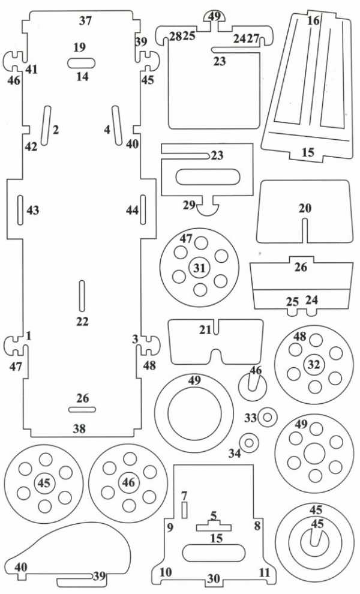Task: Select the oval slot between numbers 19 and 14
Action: [82, 63]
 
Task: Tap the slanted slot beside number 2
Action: [46, 125]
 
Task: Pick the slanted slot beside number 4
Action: [117, 125]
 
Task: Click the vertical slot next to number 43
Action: [20, 210]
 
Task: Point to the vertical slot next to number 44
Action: [143, 210]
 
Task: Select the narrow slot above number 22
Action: [82, 296]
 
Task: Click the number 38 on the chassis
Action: [79, 428]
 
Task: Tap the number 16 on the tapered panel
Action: [313, 20]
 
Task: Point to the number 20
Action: [305, 208]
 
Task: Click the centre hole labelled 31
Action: [199, 268]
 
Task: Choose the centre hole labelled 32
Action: [314, 364]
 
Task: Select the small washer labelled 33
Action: [268, 418]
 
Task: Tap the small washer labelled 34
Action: [249, 442]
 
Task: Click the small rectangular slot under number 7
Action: [185, 510]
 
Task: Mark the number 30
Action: [214, 578]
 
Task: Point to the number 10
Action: [165, 572]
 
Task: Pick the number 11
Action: [264, 572]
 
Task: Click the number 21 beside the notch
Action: [205, 330]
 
